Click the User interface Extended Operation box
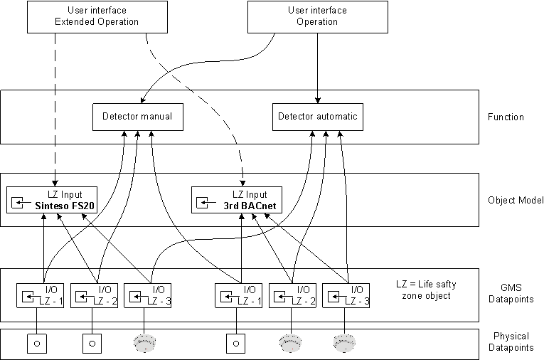pyautogui.click(x=97, y=16)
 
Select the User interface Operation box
pyautogui.click(x=317, y=16)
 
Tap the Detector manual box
pyautogui.click(x=137, y=117)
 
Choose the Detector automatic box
pyautogui.click(x=317, y=117)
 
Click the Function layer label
pyautogui.click(x=506, y=117)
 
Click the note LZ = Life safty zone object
pyautogui.click(x=426, y=290)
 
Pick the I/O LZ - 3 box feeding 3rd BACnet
pyautogui.click(x=346, y=295)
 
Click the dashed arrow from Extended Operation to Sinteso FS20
pyautogui.click(x=55, y=107)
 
